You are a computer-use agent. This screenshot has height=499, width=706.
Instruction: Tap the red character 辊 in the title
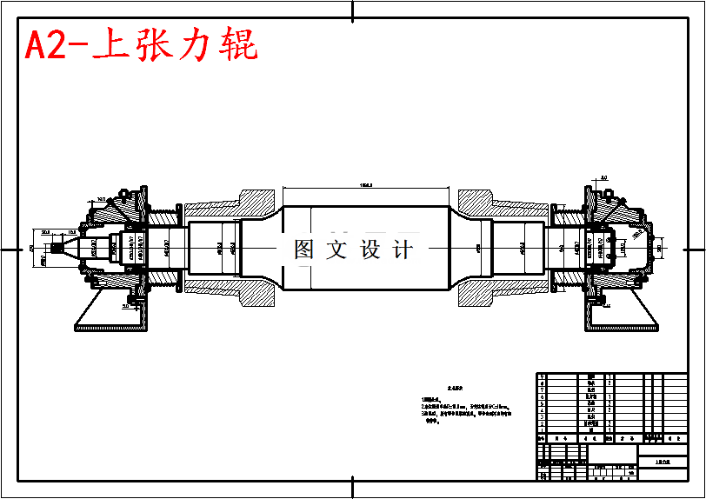[240, 44]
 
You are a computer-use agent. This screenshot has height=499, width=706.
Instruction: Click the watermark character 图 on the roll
[303, 249]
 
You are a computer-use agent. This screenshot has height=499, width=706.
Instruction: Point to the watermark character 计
[403, 249]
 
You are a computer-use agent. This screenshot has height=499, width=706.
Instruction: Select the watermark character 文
[336, 249]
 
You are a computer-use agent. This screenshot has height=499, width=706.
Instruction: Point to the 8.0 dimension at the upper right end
[604, 177]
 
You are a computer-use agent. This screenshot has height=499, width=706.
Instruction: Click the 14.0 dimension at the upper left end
[101, 199]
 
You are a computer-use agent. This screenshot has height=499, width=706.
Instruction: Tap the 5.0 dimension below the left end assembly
[125, 306]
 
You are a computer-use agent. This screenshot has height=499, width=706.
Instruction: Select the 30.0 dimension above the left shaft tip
[45, 232]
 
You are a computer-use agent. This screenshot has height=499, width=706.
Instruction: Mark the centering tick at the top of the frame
[352, 11]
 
